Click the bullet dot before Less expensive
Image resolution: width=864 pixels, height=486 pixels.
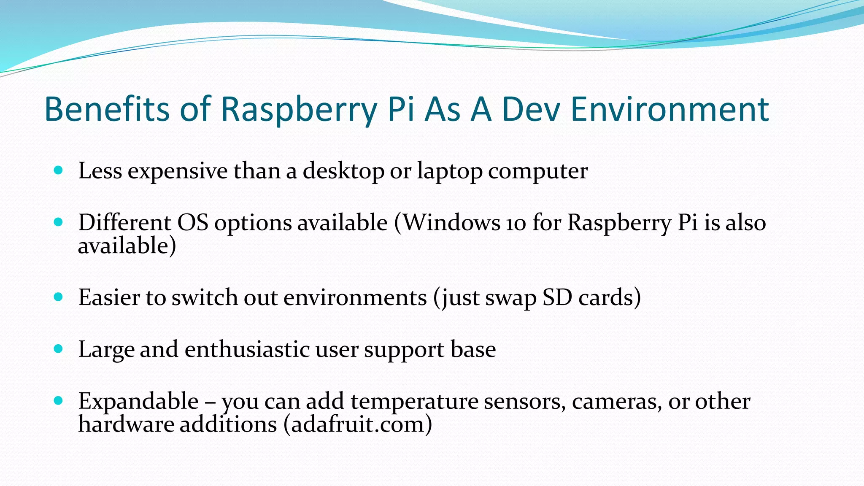tap(59, 170)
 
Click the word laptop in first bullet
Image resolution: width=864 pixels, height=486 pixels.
tap(450, 171)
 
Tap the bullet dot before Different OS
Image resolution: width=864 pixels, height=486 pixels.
tap(59, 222)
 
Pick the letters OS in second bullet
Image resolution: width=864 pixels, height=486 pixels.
tap(193, 223)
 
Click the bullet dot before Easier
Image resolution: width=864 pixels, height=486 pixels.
tap(59, 297)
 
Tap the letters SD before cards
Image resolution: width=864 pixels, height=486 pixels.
tap(557, 297)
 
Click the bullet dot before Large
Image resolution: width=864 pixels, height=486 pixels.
tap(59, 349)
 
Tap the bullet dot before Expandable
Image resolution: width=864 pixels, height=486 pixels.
tap(59, 400)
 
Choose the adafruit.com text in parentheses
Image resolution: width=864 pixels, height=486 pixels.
tap(358, 424)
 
